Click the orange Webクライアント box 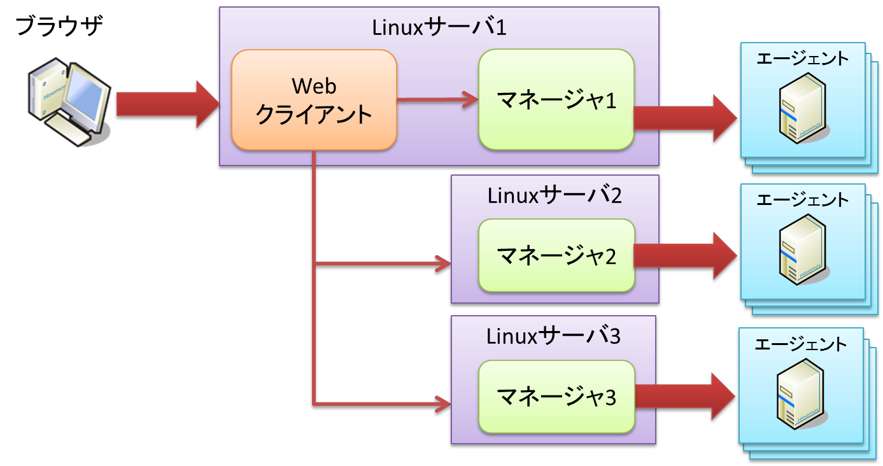coord(314,101)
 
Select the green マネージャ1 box coord(556,100)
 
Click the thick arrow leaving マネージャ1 coord(685,119)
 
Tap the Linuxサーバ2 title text coord(555,195)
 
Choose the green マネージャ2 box coord(556,257)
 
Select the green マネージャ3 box coord(556,397)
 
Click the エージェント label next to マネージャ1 coord(802,59)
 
